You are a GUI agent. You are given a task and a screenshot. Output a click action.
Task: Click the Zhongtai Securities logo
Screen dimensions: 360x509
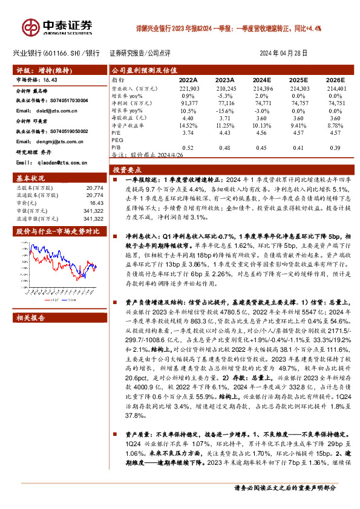(58, 27)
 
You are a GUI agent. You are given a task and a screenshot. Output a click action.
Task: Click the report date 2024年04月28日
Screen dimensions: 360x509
(287, 53)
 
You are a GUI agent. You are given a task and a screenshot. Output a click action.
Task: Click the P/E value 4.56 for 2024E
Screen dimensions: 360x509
(261, 132)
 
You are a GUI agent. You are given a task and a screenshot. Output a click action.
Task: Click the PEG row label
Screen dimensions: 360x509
(117, 140)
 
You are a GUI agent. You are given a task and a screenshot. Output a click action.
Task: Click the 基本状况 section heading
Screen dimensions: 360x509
(30, 179)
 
